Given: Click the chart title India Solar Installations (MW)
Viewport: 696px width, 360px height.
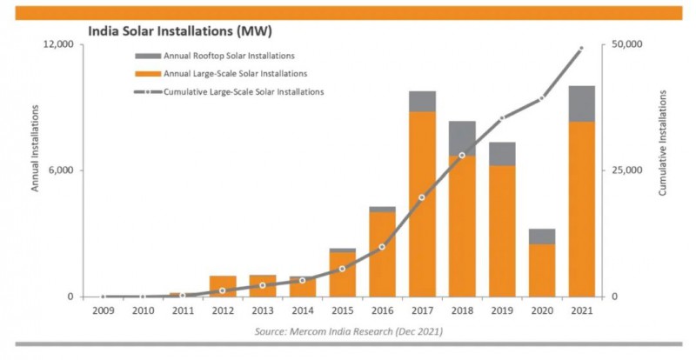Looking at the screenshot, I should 179,32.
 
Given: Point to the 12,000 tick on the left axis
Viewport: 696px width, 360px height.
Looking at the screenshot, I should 57,44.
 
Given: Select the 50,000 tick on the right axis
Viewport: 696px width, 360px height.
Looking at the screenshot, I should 627,44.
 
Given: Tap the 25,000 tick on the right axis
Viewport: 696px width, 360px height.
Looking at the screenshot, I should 627,170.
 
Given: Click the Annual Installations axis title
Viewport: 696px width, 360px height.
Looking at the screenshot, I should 36,148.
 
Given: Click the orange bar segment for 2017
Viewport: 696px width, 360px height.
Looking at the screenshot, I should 422,203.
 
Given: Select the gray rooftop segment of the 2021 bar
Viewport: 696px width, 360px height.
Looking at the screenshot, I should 582,103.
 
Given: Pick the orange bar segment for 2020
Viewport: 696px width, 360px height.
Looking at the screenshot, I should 541,270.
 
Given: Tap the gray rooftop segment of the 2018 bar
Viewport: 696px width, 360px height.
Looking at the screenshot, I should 462,138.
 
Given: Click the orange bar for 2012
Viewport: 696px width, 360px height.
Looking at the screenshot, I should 223,286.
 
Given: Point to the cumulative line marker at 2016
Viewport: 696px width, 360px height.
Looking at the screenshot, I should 382,247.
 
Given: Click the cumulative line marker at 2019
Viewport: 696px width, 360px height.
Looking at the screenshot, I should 502,117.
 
